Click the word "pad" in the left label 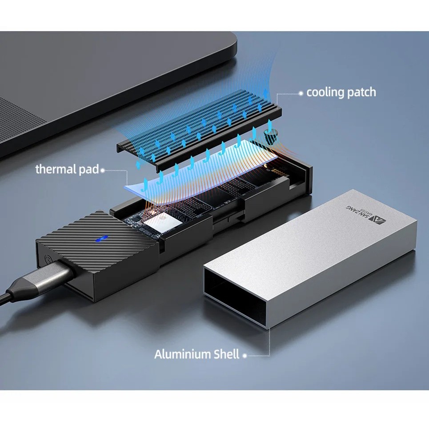[88, 170]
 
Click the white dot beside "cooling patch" [301, 93]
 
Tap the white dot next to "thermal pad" [103, 170]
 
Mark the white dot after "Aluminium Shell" [245, 356]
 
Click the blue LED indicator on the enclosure [101, 238]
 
